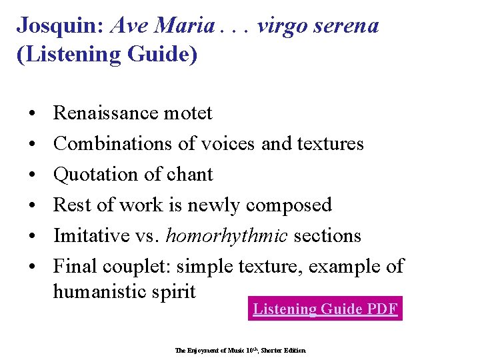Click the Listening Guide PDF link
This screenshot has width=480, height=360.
[x=325, y=309]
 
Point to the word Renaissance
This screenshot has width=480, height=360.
[x=107, y=113]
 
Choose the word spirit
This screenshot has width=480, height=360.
[x=175, y=291]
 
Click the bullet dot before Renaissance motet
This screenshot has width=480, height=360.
[x=33, y=113]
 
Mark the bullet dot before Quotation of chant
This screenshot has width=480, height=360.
[x=33, y=175]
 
